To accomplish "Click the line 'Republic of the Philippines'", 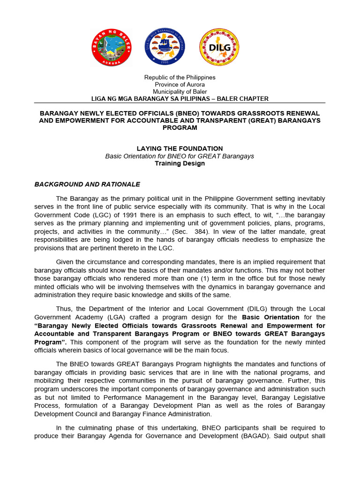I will point(180,77).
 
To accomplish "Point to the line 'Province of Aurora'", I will point(180,84).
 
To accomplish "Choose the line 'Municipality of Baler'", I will point(180,91).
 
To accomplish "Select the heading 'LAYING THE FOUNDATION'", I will point(180,149).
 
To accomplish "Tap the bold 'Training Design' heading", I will point(180,164).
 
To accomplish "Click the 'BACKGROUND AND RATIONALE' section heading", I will point(87,184).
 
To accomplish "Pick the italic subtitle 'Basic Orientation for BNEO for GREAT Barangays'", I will point(180,156).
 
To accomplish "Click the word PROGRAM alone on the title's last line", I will point(180,127).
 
